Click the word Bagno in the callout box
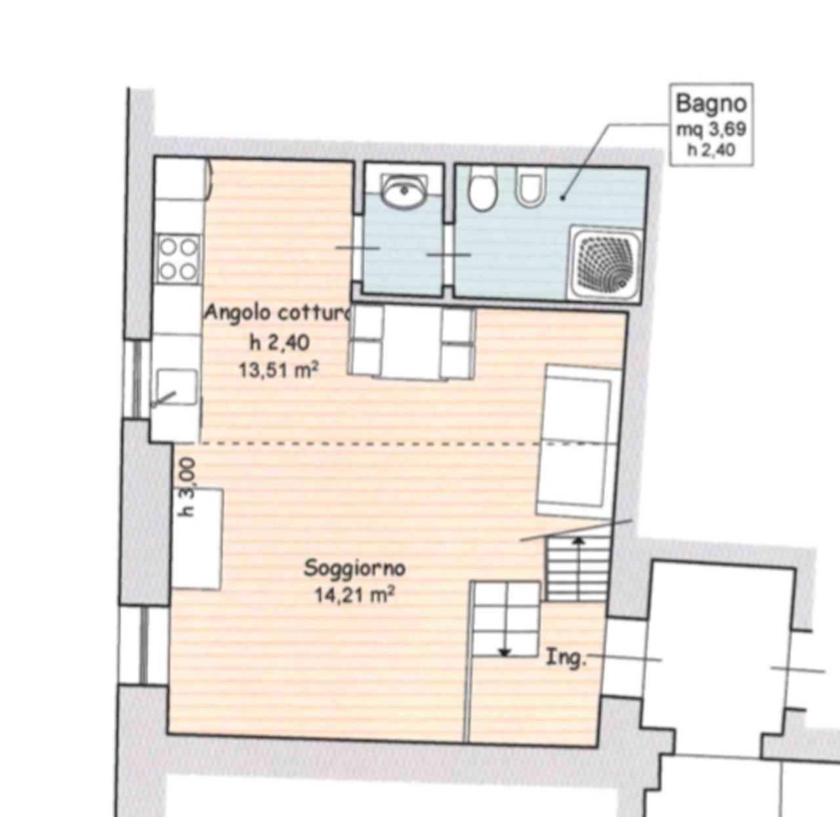coord(711,104)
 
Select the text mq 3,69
coord(711,129)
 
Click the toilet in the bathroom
coord(483,189)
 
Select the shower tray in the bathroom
coord(605,262)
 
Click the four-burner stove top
coord(178,259)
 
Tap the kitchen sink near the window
coord(177,387)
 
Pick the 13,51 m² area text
coord(279,370)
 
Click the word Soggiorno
coord(355,568)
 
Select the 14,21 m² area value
coord(354,596)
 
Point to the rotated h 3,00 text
coord(188,487)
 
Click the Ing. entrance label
coord(566,658)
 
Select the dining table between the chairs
coord(412,342)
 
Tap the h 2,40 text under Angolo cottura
coord(280,343)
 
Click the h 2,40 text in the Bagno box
coord(711,150)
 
